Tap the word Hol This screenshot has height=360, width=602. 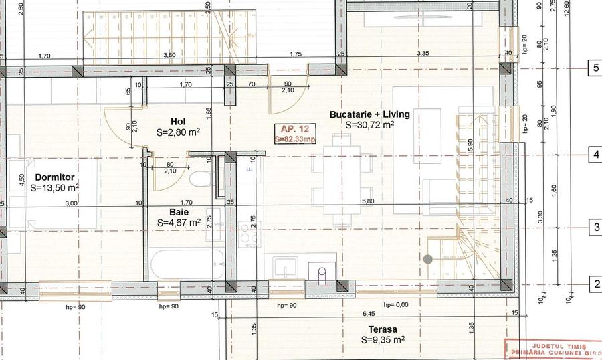(x=177, y=122)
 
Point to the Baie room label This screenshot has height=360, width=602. (x=169, y=211)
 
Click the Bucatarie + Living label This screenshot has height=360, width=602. (x=369, y=114)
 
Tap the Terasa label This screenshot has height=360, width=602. (x=382, y=329)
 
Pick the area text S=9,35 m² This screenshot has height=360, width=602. (x=382, y=340)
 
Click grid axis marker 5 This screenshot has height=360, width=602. (x=595, y=68)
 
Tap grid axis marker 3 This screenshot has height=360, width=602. (x=595, y=228)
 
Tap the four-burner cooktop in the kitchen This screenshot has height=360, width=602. (x=249, y=239)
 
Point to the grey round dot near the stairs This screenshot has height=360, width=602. (x=427, y=258)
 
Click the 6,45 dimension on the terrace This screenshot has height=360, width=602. (x=368, y=313)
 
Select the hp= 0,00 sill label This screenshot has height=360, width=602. (x=396, y=305)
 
